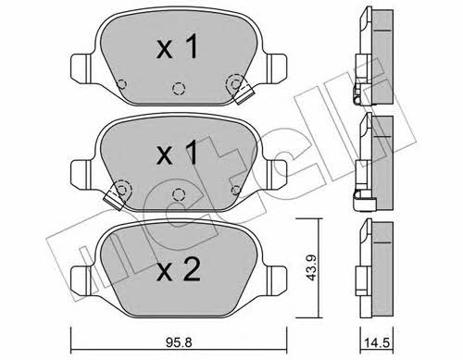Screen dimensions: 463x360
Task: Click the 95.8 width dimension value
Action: tap(179, 342)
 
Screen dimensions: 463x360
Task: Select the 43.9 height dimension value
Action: tap(311, 267)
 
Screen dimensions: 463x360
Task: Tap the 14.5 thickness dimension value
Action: tap(377, 343)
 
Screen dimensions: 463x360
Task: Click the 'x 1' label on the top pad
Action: tap(177, 46)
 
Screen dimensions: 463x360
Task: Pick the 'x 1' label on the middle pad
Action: tap(177, 152)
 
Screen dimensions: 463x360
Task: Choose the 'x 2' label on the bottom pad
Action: tap(178, 269)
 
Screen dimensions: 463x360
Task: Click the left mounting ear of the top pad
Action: tap(81, 68)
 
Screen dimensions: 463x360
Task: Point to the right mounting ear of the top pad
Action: tap(277, 68)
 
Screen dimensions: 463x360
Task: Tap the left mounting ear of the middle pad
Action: tap(81, 174)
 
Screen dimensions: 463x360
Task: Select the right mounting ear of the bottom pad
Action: tap(277, 279)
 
